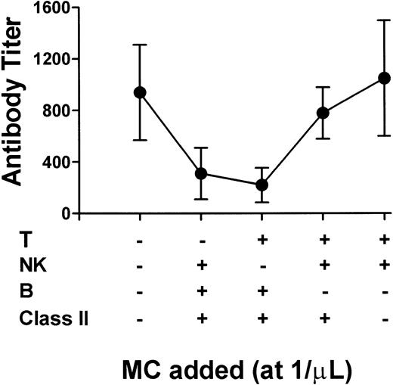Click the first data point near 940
[x=140, y=92]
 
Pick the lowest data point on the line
[x=262, y=185]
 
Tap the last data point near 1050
[x=385, y=78]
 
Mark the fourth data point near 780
[x=323, y=113]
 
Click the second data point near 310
[x=201, y=173]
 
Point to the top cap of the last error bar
[x=385, y=20]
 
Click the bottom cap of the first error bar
[x=140, y=140]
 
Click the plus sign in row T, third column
[x=262, y=240]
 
